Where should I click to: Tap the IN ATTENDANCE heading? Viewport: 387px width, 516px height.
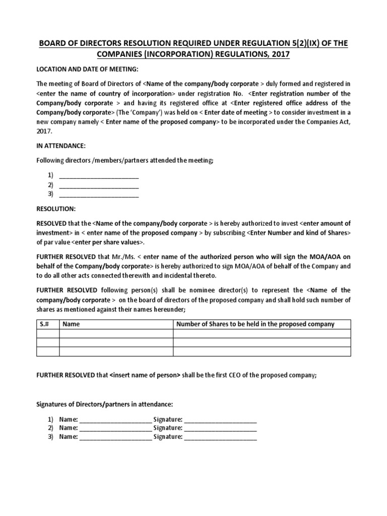pyautogui.click(x=60, y=146)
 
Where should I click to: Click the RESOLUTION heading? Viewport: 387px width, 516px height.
pyautogui.click(x=55, y=208)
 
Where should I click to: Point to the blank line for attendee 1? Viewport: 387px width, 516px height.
pyautogui.click(x=99, y=176)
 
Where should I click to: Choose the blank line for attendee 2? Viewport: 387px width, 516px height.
pyautogui.click(x=99, y=185)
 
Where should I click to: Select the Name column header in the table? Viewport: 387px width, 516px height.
pyautogui.click(x=71, y=324)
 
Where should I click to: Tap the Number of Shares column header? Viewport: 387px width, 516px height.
pyautogui.click(x=255, y=324)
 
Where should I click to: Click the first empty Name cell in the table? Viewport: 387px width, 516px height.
pyautogui.click(x=116, y=333)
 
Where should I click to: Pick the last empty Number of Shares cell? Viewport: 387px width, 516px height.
pyautogui.click(x=262, y=351)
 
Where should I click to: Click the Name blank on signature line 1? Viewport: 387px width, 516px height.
pyautogui.click(x=115, y=419)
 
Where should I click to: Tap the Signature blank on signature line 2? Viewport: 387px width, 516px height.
pyautogui.click(x=220, y=428)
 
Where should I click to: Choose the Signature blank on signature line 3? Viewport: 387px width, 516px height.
pyautogui.click(x=220, y=437)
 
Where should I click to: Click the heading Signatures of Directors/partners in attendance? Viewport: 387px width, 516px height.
pyautogui.click(x=104, y=404)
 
